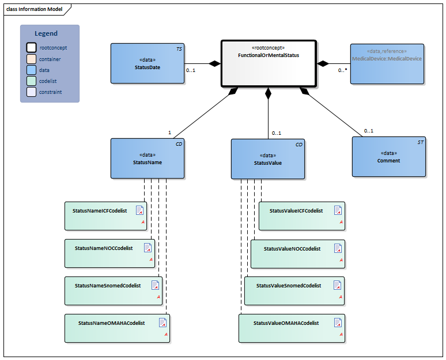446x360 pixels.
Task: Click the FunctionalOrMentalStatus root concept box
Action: coord(269,63)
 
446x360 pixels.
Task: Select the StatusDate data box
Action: coord(148,63)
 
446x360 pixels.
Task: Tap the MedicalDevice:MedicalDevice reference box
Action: coord(387,63)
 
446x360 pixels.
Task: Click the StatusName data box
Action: coord(148,158)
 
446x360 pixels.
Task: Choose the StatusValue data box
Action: coord(268,159)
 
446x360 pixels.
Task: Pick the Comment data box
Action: coord(388,157)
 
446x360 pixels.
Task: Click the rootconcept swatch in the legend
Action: coord(31,48)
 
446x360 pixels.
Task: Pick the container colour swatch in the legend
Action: coord(31,59)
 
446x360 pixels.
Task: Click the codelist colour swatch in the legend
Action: coord(31,81)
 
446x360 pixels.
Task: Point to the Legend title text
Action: coord(46,34)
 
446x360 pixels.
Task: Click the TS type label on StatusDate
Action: coord(179,50)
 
